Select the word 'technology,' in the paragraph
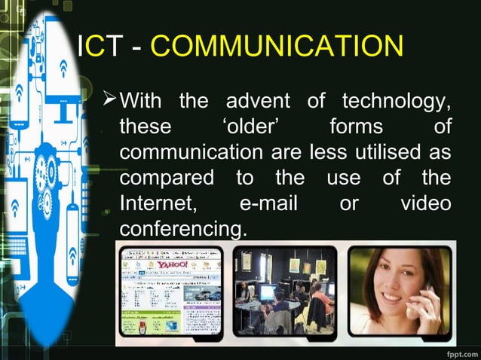pyautogui.click(x=397, y=100)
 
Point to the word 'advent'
pyautogui.click(x=259, y=100)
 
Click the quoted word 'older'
pyautogui.click(x=252, y=126)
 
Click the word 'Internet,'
pyautogui.click(x=158, y=203)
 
